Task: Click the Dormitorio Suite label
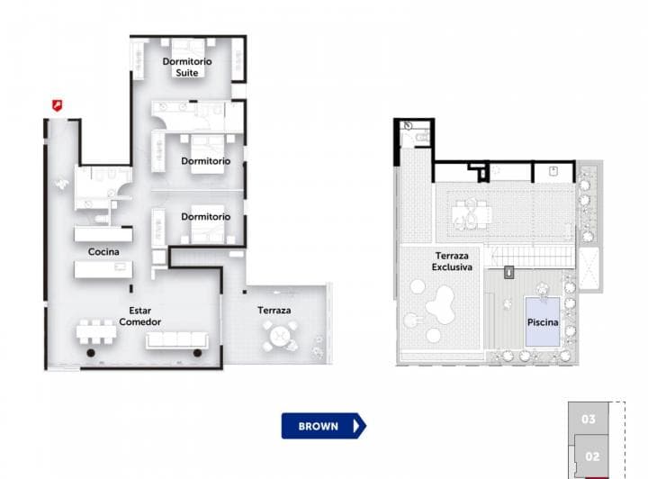tap(187, 67)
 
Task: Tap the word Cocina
tap(103, 252)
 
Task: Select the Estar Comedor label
tap(139, 316)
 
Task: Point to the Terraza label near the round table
tap(274, 311)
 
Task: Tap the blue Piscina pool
tap(543, 321)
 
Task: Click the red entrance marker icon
tap(57, 105)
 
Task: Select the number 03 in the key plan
tap(589, 419)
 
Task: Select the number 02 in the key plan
tap(592, 456)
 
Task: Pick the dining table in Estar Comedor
tap(96, 332)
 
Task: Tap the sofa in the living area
tap(176, 339)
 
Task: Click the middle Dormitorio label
tap(206, 161)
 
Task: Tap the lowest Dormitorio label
tap(206, 217)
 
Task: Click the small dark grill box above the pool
tap(509, 271)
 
